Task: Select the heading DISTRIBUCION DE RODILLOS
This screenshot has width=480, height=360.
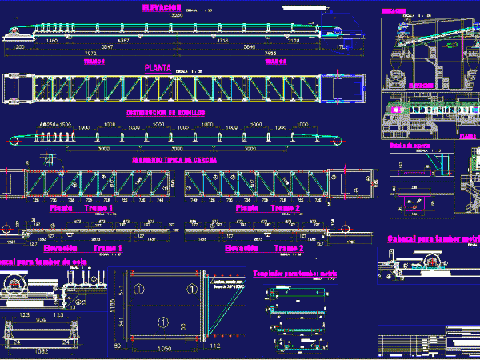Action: click(x=166, y=113)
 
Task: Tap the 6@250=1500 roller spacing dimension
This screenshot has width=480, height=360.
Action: click(x=55, y=125)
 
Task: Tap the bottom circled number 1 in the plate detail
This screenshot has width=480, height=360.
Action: click(x=162, y=322)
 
